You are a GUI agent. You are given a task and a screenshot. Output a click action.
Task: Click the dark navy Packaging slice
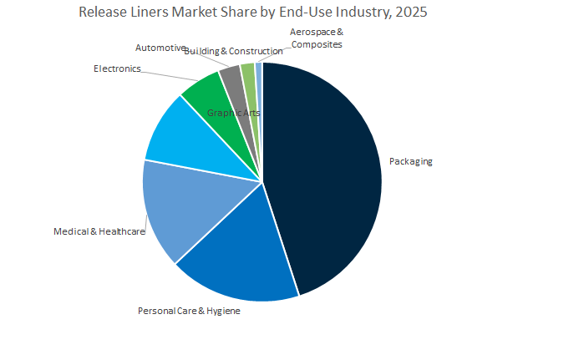pos(326,175)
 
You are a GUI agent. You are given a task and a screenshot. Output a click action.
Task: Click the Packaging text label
pos(411,161)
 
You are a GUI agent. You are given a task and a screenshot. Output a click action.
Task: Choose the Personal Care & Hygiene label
pos(189,311)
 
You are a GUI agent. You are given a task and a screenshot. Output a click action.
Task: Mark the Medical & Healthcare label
pos(99,231)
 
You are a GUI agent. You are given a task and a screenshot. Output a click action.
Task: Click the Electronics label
pos(117,68)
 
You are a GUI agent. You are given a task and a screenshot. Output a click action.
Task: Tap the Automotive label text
pos(160,48)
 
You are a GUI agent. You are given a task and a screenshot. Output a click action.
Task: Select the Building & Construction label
pos(233,52)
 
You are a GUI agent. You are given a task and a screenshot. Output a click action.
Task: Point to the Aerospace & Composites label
pos(316,38)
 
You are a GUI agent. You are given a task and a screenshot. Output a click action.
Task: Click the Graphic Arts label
pos(235,112)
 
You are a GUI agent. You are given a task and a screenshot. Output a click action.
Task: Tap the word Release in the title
pos(104,13)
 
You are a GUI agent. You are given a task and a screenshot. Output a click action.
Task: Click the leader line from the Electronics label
pos(163,74)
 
